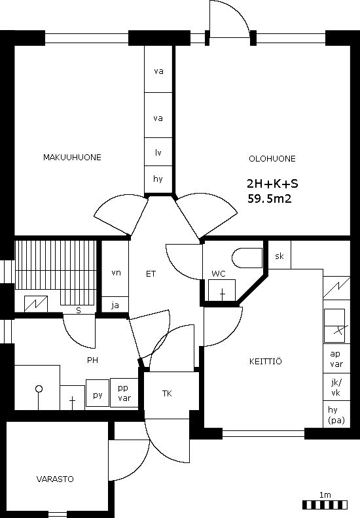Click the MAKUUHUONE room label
pyautogui.click(x=72, y=157)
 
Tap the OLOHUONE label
pyautogui.click(x=272, y=158)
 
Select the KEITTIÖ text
pyautogui.click(x=266, y=361)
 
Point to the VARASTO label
pyautogui.click(x=55, y=479)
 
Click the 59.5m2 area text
pyautogui.click(x=270, y=199)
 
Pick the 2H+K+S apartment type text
pyautogui.click(x=272, y=184)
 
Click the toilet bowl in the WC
pyautogui.click(x=247, y=258)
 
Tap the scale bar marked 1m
pyautogui.click(x=325, y=505)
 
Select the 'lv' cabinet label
pyautogui.click(x=158, y=152)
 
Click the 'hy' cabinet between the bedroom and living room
pyautogui.click(x=158, y=179)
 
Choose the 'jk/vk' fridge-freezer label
pyautogui.click(x=336, y=387)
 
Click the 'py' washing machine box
pyautogui.click(x=98, y=393)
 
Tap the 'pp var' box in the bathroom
pyautogui.click(x=124, y=393)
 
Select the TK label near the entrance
pyautogui.click(x=167, y=394)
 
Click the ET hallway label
pyautogui.click(x=151, y=274)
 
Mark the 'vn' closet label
pyautogui.click(x=116, y=273)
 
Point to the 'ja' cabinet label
pyautogui.click(x=115, y=305)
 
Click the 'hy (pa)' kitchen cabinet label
pyautogui.click(x=336, y=415)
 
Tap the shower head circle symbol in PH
pyautogui.click(x=39, y=389)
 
